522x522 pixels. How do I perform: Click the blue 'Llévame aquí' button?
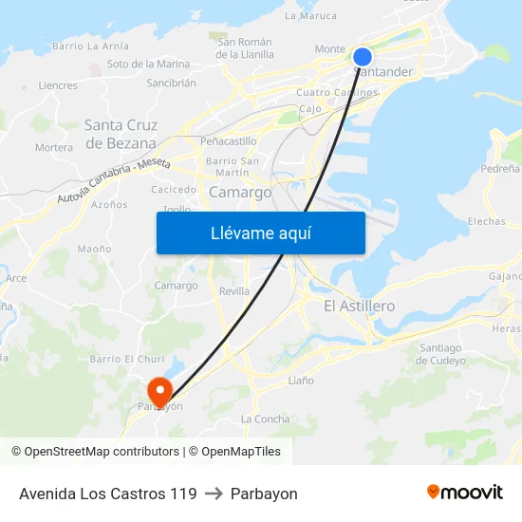[x=260, y=233]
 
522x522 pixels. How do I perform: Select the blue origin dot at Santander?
[x=363, y=57]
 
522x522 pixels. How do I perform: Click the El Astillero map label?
[x=359, y=306]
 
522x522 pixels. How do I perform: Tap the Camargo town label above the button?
[x=239, y=192]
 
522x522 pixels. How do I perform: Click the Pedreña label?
[x=500, y=168]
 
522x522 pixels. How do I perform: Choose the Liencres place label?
[x=58, y=85]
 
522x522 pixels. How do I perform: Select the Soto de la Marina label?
[x=148, y=65]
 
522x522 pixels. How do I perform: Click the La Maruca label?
[x=310, y=16]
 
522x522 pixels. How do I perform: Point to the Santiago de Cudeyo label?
[x=439, y=354]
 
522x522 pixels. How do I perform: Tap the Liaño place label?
[x=300, y=381]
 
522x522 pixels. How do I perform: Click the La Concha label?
[x=266, y=419]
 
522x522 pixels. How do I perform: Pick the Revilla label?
[x=234, y=291]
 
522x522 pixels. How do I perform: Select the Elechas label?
[x=487, y=221]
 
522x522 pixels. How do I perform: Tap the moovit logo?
[x=465, y=493]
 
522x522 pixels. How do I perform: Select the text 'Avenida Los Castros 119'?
[x=108, y=494]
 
